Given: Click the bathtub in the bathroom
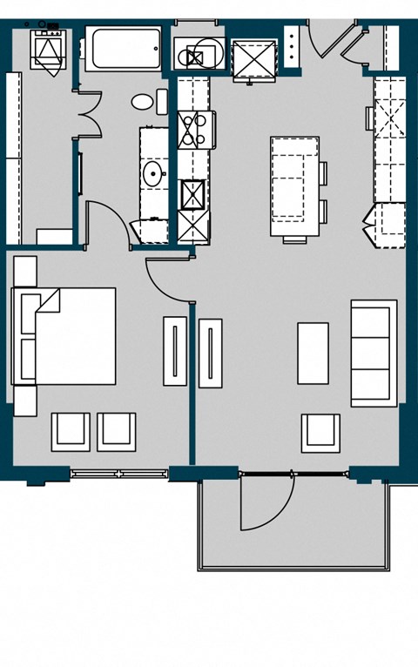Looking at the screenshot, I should [123, 52].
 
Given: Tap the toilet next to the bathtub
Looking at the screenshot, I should [145, 102].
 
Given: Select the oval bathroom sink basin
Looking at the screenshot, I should [154, 172].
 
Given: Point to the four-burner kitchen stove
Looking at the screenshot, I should [192, 130].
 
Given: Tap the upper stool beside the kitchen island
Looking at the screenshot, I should [323, 174].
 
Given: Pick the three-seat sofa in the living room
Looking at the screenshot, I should [374, 353].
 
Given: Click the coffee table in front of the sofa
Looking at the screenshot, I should [313, 353].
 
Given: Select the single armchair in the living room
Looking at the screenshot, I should [320, 432].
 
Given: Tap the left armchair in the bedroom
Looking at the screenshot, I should [71, 431].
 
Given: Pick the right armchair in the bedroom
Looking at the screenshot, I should [116, 431].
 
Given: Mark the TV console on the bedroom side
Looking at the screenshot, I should [175, 352].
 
